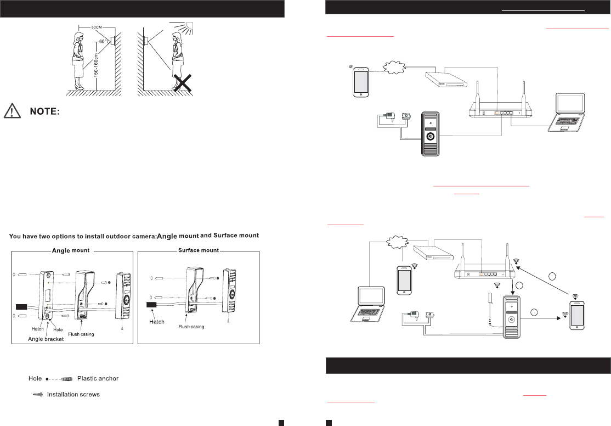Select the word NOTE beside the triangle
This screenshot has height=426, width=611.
[x=44, y=111]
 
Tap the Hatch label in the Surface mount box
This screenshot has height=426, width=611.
[x=157, y=322]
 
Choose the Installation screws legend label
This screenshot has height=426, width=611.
[x=73, y=394]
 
